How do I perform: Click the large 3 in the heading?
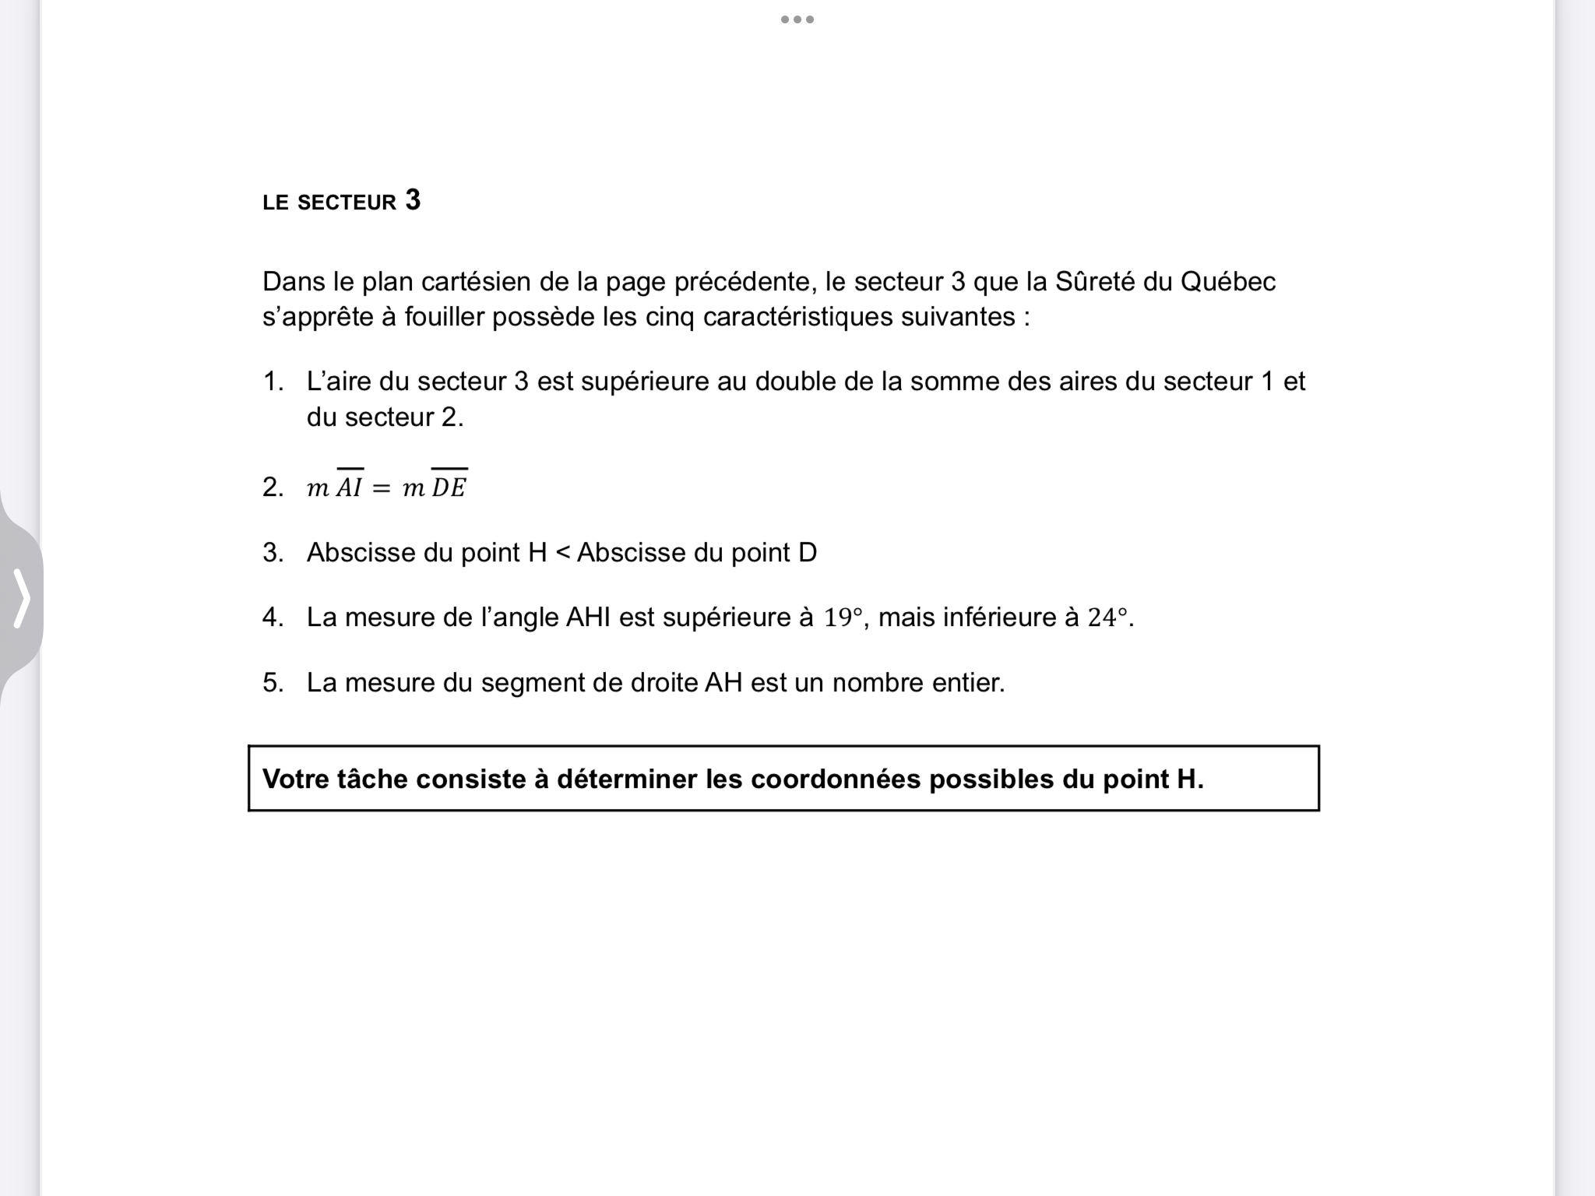click(413, 200)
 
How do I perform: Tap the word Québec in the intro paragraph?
click(1228, 281)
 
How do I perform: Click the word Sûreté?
click(1095, 281)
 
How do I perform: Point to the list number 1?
click(273, 382)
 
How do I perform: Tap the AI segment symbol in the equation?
click(350, 486)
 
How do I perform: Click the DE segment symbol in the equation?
click(449, 486)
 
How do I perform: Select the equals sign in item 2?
click(381, 488)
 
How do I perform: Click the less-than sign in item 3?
click(562, 553)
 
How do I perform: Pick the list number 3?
click(273, 553)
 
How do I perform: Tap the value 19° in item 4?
click(844, 617)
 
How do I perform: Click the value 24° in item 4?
click(1107, 617)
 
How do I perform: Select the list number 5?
click(273, 683)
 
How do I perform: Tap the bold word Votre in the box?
click(296, 779)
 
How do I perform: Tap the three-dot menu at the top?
click(797, 19)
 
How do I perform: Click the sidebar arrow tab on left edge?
click(22, 598)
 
